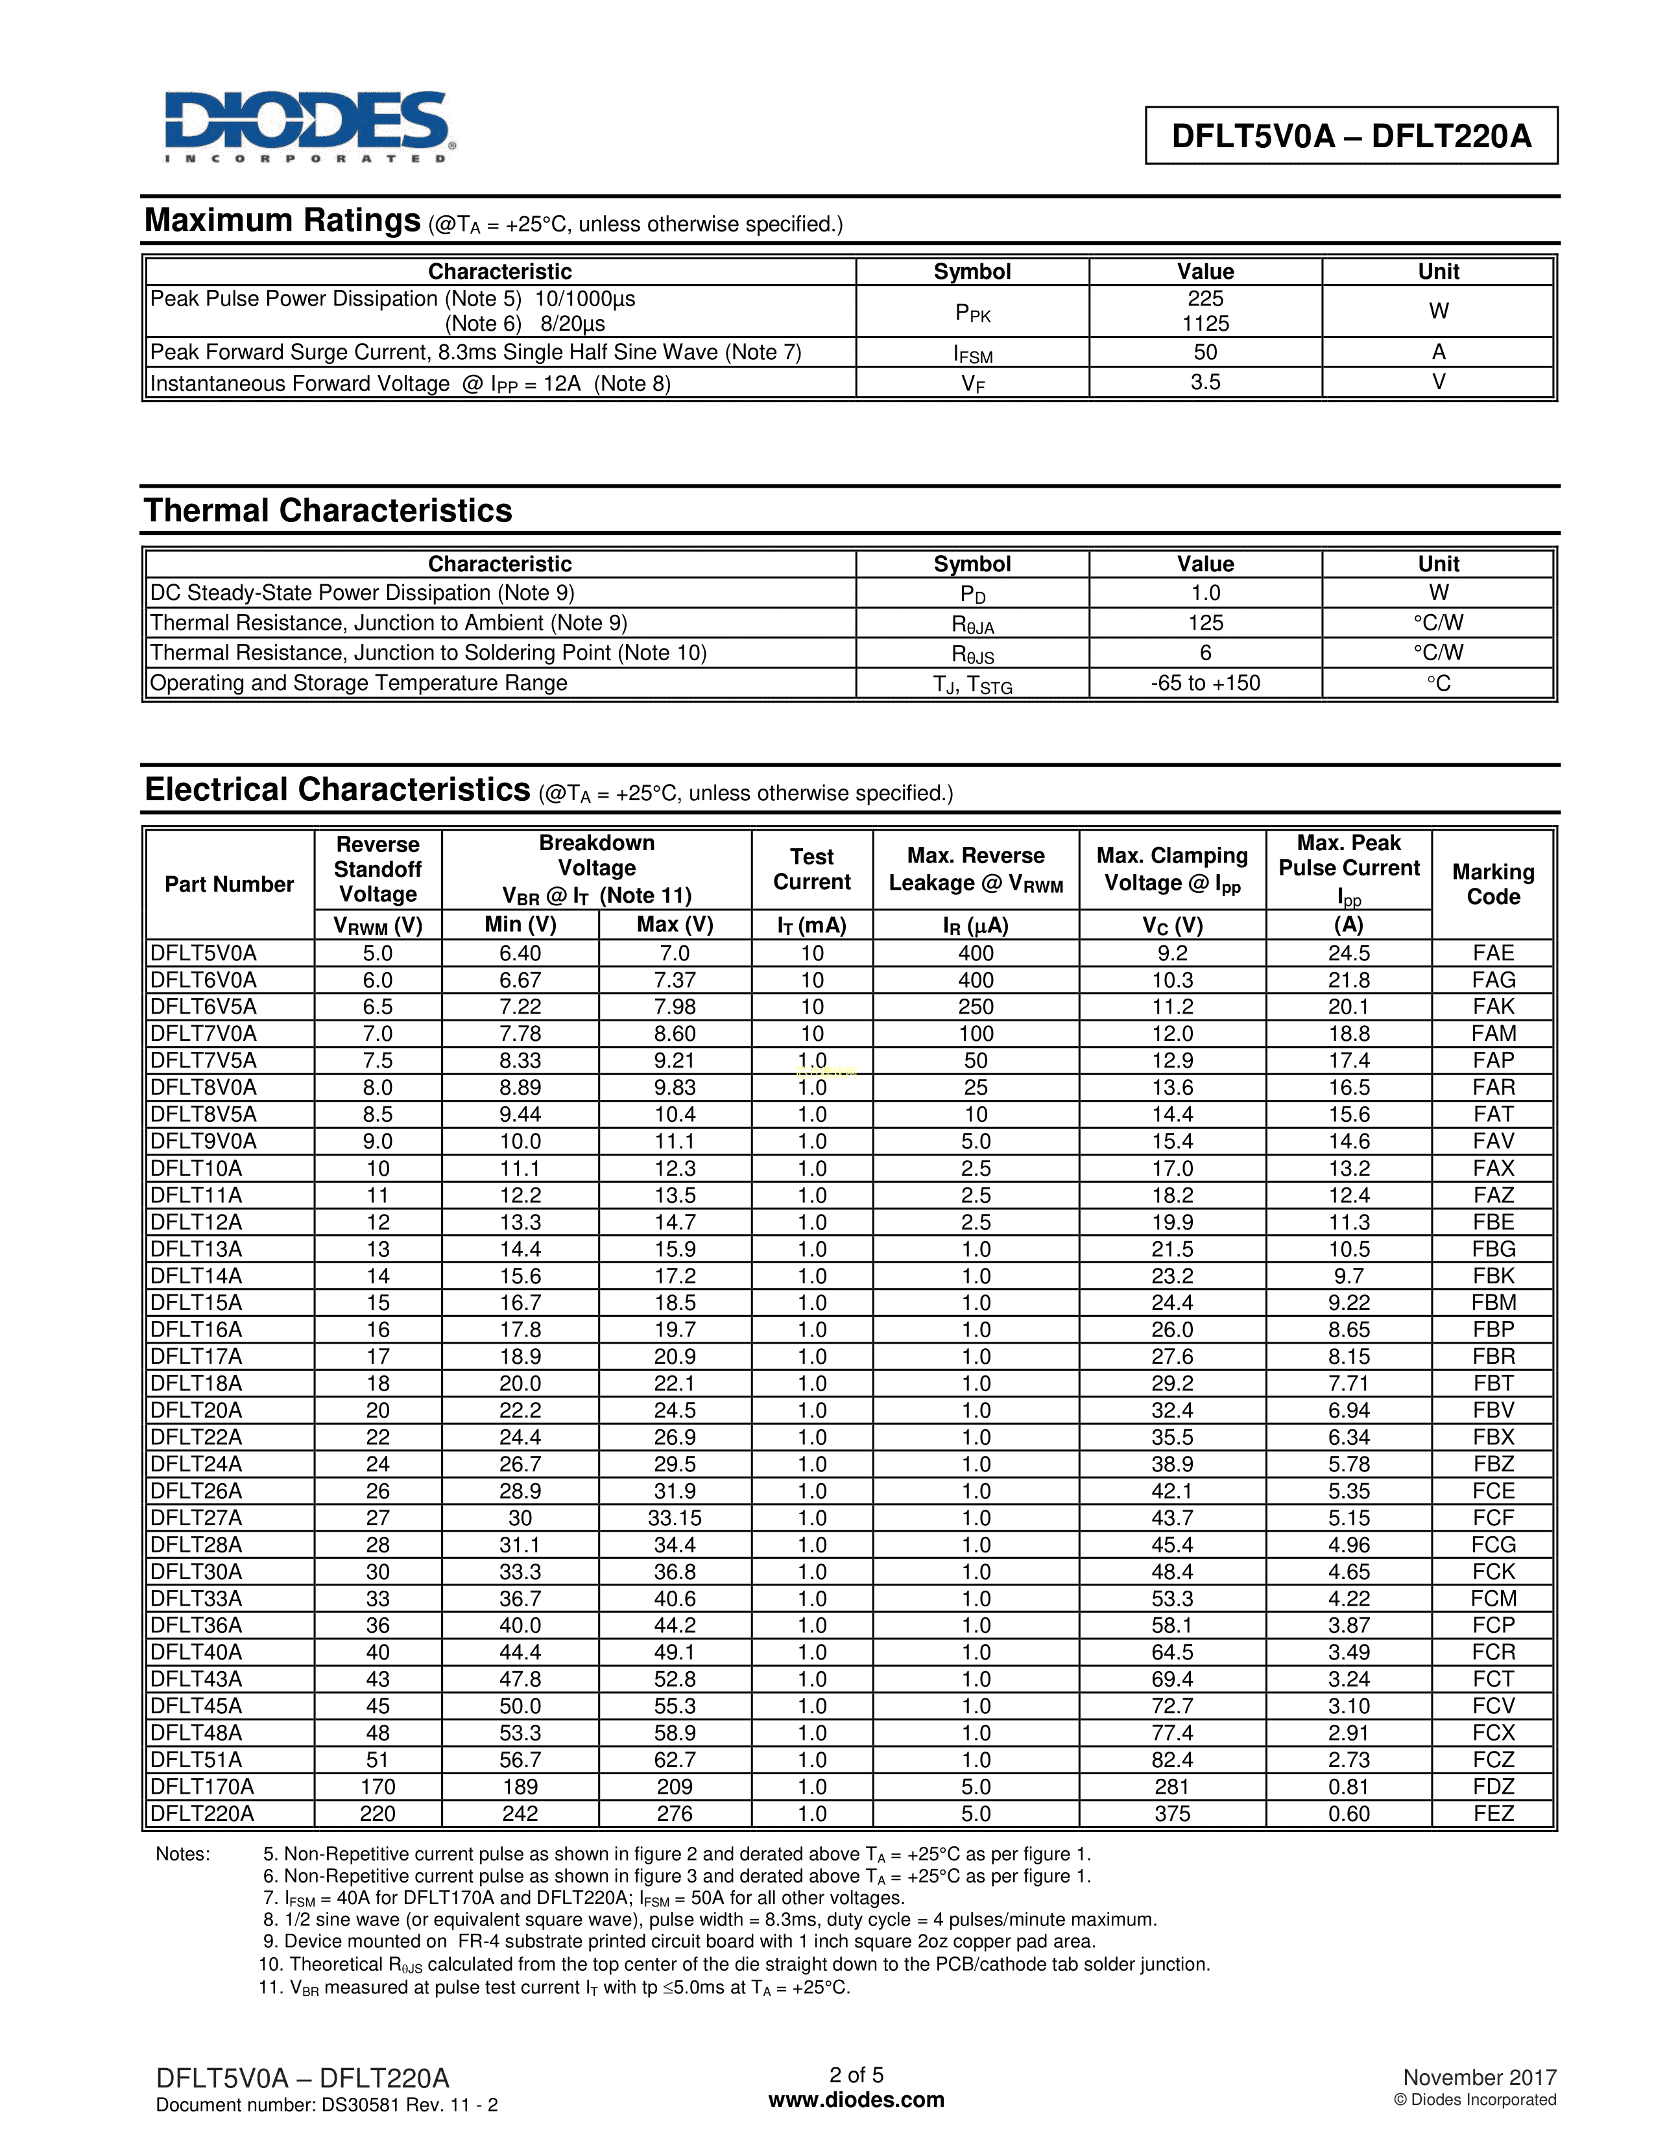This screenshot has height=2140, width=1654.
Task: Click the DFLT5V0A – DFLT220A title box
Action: [x=1351, y=136]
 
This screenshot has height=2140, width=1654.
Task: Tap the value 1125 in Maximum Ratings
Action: [x=1205, y=324]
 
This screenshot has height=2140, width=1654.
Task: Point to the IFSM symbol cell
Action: [x=972, y=353]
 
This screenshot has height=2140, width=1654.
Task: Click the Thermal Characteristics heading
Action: [x=328, y=510]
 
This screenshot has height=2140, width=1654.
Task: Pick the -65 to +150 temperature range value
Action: [x=1205, y=683]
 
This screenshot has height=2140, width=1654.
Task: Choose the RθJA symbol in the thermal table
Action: [x=972, y=624]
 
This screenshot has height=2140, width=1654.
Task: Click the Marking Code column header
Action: [x=1492, y=884]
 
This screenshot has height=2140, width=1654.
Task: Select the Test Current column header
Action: [x=811, y=869]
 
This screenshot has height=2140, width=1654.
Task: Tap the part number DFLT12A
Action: [x=196, y=1222]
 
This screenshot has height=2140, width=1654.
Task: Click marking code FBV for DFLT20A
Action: [x=1493, y=1410]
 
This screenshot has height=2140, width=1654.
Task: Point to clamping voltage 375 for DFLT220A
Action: [x=1172, y=1814]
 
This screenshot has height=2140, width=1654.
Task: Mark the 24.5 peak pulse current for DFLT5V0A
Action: [x=1348, y=953]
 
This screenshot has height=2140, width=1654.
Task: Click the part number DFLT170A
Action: [x=202, y=1787]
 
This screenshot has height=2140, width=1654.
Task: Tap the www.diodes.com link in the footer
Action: [x=856, y=2100]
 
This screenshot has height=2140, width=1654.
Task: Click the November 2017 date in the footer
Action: [x=1479, y=2077]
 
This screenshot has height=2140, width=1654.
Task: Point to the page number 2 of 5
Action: [x=856, y=2075]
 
